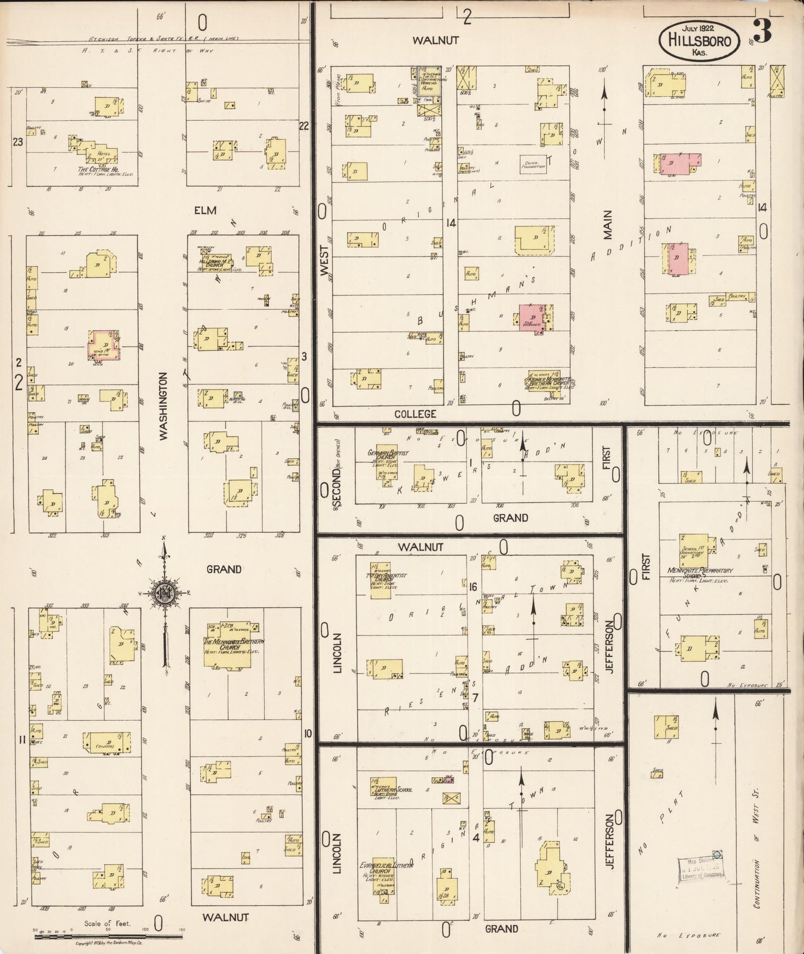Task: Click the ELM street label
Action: pyautogui.click(x=205, y=210)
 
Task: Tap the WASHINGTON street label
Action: pyautogui.click(x=163, y=406)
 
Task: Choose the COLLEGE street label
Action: pyautogui.click(x=415, y=414)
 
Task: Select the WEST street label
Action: pyautogui.click(x=325, y=261)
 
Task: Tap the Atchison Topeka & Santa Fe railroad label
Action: pyautogui.click(x=164, y=38)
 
